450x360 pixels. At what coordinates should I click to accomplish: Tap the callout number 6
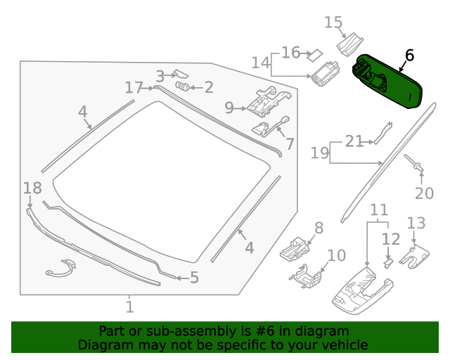click(x=409, y=56)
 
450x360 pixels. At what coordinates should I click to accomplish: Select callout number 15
click(x=333, y=22)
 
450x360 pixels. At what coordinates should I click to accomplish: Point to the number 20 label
click(x=425, y=193)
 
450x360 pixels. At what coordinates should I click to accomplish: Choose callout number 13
click(x=416, y=223)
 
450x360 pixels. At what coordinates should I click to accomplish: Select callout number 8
click(x=319, y=227)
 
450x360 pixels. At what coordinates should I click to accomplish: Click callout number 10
click(x=337, y=255)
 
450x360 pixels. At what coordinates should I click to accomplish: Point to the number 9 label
click(x=229, y=108)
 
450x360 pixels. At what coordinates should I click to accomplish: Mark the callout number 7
click(x=290, y=144)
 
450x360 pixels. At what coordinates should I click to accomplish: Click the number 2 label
click(x=208, y=87)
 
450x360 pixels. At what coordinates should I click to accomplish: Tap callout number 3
click(x=160, y=76)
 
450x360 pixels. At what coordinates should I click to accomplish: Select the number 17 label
click(x=134, y=87)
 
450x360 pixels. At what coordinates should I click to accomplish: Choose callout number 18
click(x=32, y=188)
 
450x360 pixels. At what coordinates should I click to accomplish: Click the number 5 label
click(x=194, y=278)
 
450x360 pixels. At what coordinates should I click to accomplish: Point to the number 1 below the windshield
click(x=129, y=307)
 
